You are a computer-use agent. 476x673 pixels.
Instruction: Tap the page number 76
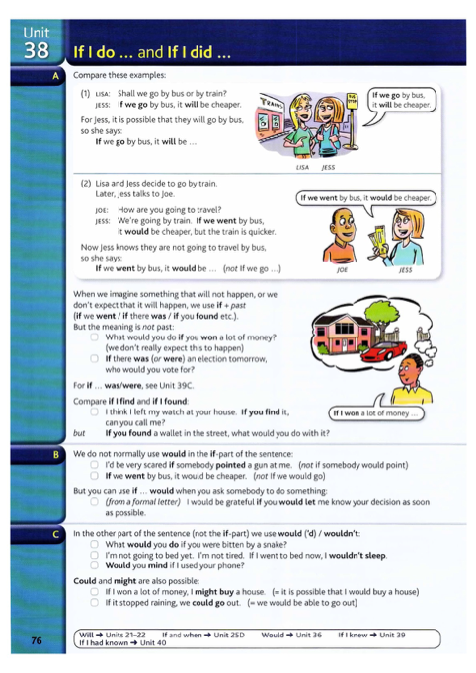[x=37, y=639]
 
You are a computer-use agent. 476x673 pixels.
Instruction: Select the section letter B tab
[x=56, y=454]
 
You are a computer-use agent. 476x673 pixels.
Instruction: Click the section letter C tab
[x=56, y=533]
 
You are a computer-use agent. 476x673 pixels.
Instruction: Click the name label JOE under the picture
[x=342, y=268]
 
